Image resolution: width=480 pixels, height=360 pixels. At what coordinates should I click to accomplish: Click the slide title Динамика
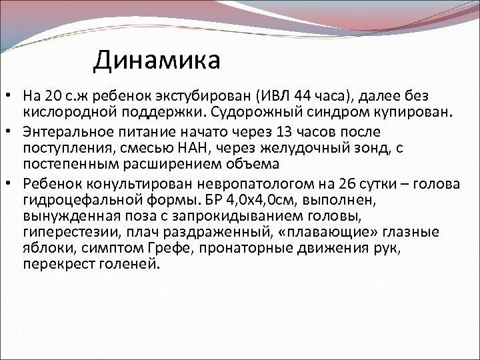coord(157,61)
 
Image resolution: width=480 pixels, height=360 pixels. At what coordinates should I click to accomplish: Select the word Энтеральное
coord(65,131)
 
